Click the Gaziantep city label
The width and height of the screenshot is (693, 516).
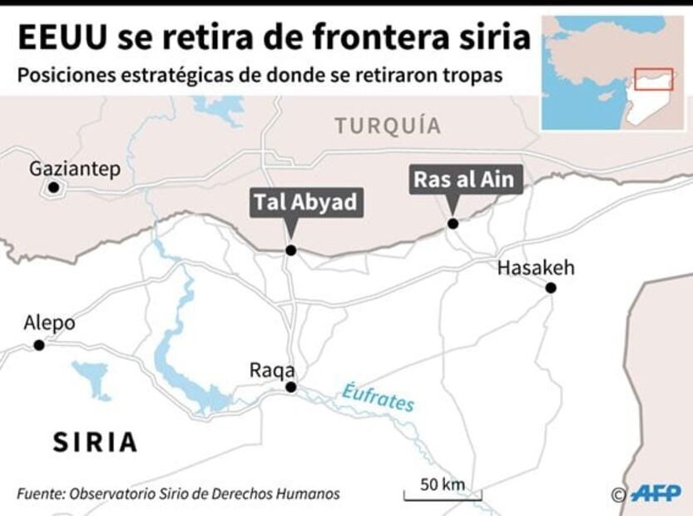(74, 169)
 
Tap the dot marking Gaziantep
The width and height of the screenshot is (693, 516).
(53, 188)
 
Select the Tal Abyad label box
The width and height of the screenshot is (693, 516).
(305, 202)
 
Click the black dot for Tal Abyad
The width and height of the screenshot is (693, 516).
(290, 250)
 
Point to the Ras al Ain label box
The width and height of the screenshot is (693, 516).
(467, 179)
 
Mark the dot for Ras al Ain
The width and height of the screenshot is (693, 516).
(453, 223)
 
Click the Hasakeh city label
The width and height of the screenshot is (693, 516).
(535, 268)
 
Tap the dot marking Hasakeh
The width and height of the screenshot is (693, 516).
(550, 287)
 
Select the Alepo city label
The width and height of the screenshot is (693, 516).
(49, 323)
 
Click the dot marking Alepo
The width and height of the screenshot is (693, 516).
(38, 344)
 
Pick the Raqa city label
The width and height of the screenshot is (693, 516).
(272, 370)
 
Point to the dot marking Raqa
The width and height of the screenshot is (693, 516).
(290, 387)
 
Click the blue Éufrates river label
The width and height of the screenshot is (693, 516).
(378, 396)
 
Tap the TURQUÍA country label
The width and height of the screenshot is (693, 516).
(388, 126)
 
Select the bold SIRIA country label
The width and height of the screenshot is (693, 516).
(95, 442)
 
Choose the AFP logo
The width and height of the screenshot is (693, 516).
(655, 494)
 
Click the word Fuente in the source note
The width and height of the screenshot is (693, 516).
(41, 494)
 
